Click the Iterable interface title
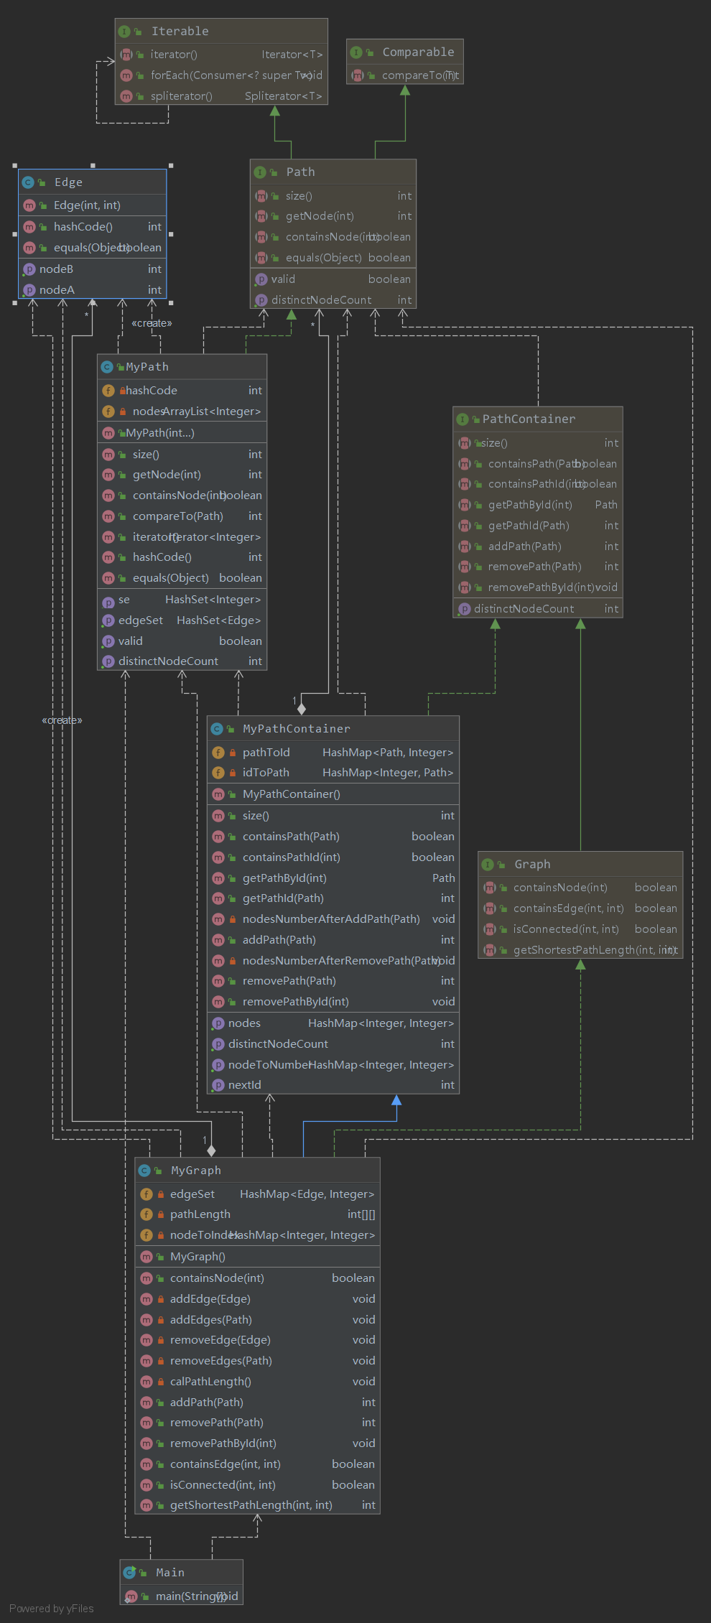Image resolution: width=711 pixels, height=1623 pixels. pos(180,32)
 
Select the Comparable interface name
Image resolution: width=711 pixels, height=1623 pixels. pos(418,52)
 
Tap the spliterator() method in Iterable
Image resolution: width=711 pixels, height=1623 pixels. pos(181,96)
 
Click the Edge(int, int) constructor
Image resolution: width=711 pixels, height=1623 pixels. pos(87,205)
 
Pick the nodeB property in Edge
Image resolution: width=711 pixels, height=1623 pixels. pos(56,269)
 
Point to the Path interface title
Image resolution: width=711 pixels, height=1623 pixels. pos(300,172)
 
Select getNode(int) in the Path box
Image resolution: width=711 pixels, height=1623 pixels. pos(320,216)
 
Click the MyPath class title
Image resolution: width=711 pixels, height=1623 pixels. pos(147,367)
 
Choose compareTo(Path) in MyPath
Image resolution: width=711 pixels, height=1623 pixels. pos(177,516)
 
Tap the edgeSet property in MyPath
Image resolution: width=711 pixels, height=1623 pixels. pos(141,620)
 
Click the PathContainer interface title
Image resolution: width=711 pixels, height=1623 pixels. pos(529,419)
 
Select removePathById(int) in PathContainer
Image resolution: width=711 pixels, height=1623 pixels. pos(540,587)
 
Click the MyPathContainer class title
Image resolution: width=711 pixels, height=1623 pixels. pos(297,729)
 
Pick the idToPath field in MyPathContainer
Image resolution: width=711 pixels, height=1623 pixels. pos(266,773)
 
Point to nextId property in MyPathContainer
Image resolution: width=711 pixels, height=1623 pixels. pos(244,1085)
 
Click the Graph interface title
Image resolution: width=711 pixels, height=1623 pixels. pos(532,865)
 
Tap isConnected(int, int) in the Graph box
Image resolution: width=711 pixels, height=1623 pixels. pos(566,929)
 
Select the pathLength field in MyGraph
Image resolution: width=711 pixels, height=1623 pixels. pos(200,1214)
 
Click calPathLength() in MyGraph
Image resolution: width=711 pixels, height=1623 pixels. pos(210,1382)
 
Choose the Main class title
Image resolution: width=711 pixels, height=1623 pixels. pos(170,1573)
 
